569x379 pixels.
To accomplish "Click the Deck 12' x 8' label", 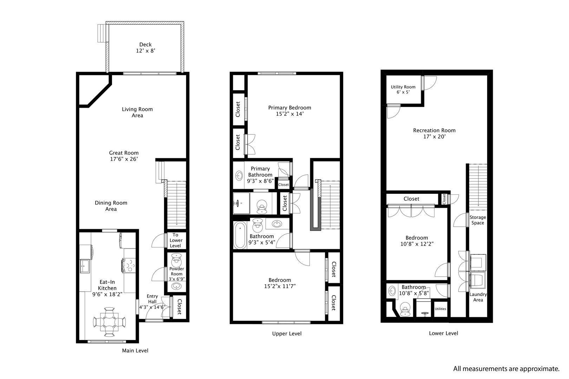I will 145,48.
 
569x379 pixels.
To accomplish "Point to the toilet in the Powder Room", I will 176,261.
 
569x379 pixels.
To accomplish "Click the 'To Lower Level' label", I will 176,240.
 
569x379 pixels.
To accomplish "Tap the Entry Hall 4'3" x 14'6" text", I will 152,302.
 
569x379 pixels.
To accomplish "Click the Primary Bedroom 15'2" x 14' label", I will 289,111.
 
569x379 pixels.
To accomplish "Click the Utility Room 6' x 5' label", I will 403,89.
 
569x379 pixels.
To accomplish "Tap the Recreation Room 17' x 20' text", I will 434,133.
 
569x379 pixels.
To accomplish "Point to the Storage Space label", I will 478,220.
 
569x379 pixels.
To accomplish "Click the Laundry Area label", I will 478,297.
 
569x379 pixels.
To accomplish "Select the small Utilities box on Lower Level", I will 440,309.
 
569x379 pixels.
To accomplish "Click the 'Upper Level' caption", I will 287,333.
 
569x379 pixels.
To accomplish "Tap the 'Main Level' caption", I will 135,350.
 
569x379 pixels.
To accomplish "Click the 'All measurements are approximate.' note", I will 506,368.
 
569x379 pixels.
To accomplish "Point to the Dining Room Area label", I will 111,206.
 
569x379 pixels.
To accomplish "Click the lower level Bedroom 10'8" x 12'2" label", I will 417,241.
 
